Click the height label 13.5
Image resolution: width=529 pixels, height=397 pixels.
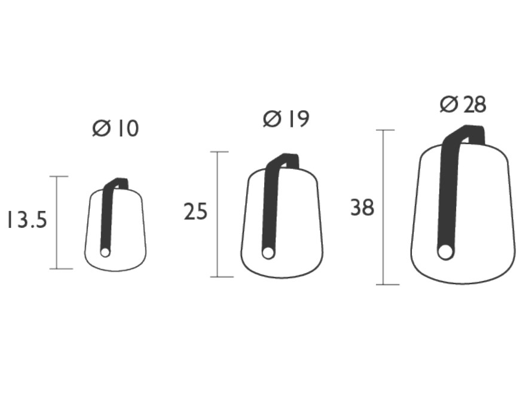27,220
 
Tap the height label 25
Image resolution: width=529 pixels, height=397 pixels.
195,211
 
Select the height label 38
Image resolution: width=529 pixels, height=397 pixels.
362,207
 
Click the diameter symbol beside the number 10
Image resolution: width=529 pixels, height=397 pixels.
101,129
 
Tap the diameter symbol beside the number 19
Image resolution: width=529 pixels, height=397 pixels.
272,119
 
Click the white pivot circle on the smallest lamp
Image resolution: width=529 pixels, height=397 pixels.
105,252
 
